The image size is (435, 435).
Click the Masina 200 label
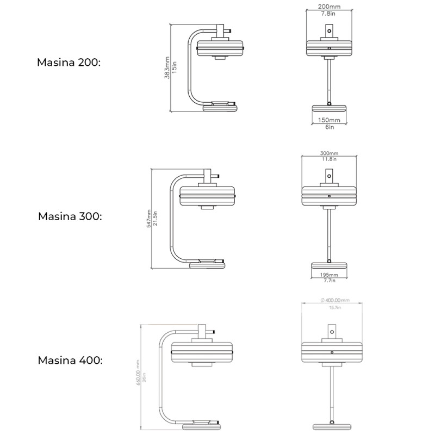click(69, 62)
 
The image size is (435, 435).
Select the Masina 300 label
click(70, 216)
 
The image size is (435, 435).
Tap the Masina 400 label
click(70, 360)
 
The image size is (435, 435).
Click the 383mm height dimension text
click(167, 68)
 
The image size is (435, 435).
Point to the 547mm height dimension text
click(149, 219)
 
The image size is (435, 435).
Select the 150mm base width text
click(330, 120)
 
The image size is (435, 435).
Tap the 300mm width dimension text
click(329, 153)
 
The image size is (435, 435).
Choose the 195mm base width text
click(329, 275)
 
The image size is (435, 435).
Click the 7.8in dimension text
click(330, 14)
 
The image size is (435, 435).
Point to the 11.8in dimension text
click(329, 159)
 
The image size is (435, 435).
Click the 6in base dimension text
click(330, 127)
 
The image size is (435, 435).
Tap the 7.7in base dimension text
click(329, 281)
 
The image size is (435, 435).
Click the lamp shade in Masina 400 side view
click(202, 352)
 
